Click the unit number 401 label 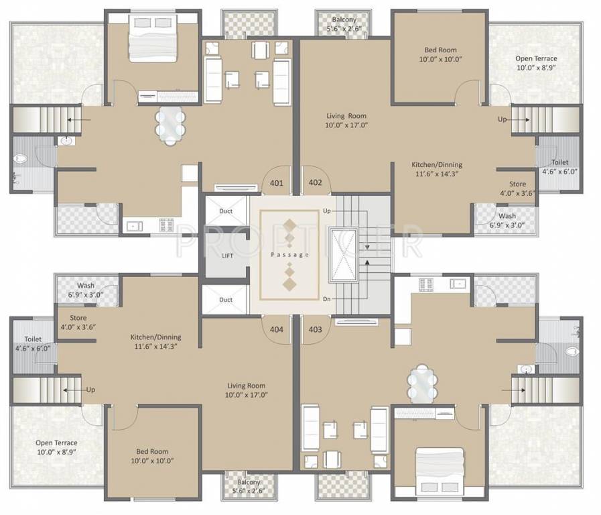(277, 182)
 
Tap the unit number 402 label (315, 182)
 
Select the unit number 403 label (315, 329)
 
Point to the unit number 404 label (277, 329)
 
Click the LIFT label (227, 255)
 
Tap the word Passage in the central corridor (289, 255)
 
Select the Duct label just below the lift (226, 300)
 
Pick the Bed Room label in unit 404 (153, 456)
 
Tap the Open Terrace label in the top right (536, 63)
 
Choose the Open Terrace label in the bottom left (56, 447)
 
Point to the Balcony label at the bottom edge (247, 486)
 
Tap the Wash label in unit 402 (507, 221)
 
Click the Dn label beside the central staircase (326, 300)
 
